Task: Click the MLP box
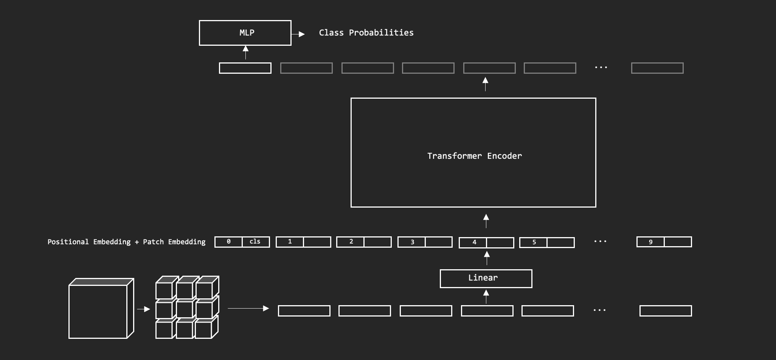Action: tap(245, 33)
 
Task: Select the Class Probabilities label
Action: tap(366, 33)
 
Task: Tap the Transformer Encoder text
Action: tap(474, 156)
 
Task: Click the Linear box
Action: tap(486, 278)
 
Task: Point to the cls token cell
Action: tap(255, 242)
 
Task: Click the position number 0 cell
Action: tap(228, 242)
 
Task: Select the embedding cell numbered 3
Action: tap(412, 242)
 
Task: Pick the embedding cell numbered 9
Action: tap(650, 242)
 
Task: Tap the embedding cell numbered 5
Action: tap(534, 242)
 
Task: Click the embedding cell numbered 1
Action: tap(290, 242)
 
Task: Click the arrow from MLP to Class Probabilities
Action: tap(298, 34)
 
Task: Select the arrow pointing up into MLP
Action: tap(245, 52)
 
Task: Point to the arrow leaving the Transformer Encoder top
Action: tap(485, 84)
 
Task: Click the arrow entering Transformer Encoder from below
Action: tap(486, 221)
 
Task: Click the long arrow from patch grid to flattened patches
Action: tap(248, 309)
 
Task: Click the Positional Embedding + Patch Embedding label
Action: tap(126, 242)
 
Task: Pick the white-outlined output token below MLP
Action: tap(245, 68)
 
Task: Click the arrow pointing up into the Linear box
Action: tap(486, 296)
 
